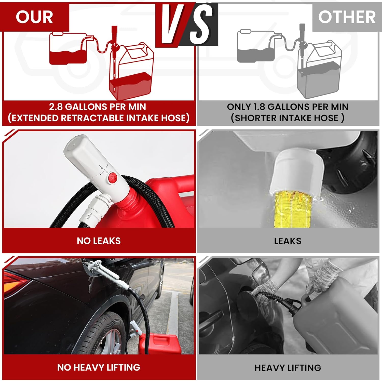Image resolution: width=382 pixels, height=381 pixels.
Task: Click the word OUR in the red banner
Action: click(34, 17)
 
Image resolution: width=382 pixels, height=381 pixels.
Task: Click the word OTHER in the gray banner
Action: click(347, 17)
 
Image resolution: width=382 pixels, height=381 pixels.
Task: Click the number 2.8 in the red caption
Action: click(56, 107)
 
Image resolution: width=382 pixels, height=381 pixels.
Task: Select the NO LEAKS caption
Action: click(99, 241)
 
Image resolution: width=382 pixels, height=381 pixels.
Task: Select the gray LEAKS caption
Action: click(288, 241)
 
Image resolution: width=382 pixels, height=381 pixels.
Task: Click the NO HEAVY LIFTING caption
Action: click(99, 367)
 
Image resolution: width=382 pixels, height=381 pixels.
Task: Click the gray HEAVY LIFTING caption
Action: click(288, 368)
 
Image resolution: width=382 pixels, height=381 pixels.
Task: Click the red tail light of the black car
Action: click(15, 282)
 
